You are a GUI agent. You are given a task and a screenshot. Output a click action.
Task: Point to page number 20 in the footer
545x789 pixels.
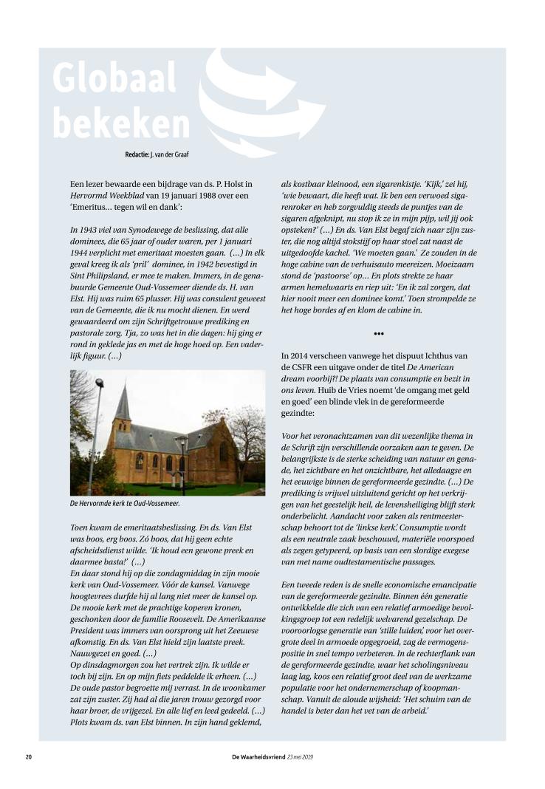(29, 756)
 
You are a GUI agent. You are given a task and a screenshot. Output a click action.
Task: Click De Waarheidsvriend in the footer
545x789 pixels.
(258, 756)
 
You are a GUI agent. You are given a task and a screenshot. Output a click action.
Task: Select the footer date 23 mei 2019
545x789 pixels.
(302, 756)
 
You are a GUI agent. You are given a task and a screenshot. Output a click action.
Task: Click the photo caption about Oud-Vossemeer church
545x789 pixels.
(125, 505)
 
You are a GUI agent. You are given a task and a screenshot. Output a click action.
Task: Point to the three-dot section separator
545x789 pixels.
(379, 334)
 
